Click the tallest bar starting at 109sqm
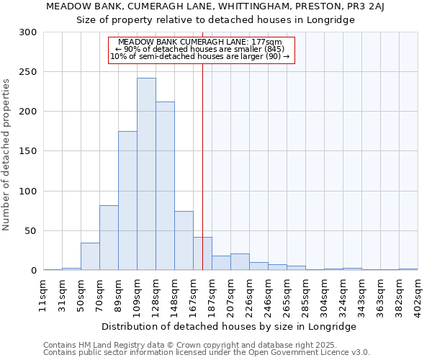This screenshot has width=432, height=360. tap(146, 174)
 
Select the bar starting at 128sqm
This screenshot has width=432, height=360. tap(165, 186)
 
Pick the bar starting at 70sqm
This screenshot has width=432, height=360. tap(109, 238)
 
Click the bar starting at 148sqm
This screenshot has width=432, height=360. tap(184, 240)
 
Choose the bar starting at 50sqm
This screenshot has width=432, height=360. tap(90, 256)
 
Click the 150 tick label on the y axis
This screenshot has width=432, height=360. tap(29, 152)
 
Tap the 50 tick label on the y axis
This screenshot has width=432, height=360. tap(32, 231)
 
